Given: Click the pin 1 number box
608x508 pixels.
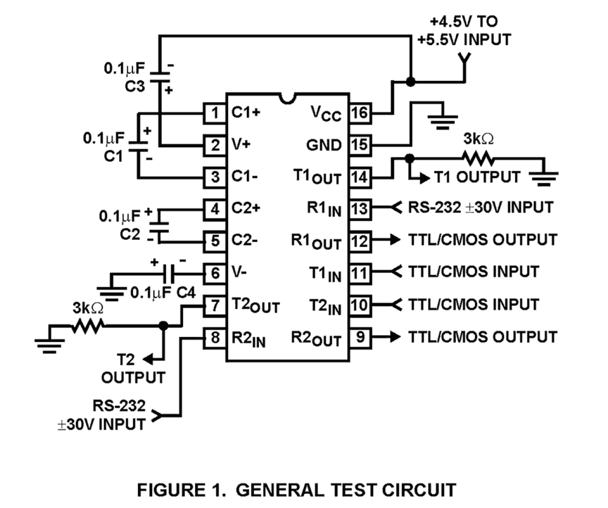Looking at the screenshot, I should (x=214, y=113).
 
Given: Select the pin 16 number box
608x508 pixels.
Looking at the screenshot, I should (x=360, y=113).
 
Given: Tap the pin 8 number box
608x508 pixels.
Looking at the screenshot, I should (x=214, y=338).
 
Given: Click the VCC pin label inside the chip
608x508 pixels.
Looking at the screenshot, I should (x=326, y=113).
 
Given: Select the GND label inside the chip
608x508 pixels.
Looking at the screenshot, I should (x=324, y=145).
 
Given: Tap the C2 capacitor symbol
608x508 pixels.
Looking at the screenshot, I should (x=160, y=225).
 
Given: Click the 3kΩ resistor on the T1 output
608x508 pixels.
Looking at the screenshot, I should (x=478, y=158).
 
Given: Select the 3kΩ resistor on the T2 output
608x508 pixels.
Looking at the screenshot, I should (x=88, y=326).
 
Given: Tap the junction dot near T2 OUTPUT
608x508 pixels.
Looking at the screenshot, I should (x=164, y=326).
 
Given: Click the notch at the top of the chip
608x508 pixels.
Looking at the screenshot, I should (x=288, y=98).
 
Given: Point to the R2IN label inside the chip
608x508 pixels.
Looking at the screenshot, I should (x=248, y=339).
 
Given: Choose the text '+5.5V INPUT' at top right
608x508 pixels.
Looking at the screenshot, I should (x=464, y=40).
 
